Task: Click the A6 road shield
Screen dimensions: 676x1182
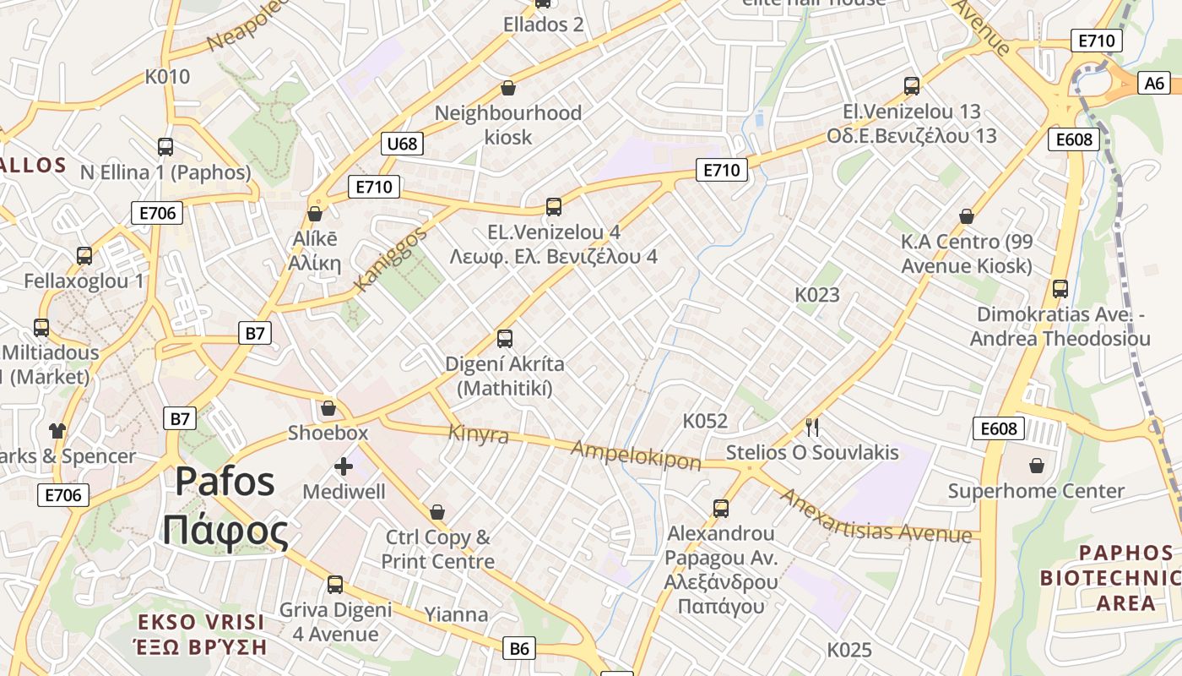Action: pos(1154,83)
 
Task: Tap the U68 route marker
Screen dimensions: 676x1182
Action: pos(402,144)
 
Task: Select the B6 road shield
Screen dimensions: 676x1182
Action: pos(519,648)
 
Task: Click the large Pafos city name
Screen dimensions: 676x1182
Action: pos(225,482)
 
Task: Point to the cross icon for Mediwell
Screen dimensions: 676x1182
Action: pos(344,466)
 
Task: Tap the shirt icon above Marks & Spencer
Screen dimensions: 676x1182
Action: pos(57,430)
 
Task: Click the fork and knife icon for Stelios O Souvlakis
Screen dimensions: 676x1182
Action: pos(812,427)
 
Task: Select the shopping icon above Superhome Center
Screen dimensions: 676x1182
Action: pos(1036,466)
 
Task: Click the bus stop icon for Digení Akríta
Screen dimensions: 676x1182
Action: pos(505,339)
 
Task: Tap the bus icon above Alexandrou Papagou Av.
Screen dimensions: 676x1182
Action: pos(720,508)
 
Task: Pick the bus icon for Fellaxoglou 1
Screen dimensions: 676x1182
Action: pos(84,255)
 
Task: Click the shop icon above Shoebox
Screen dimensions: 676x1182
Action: pos(328,408)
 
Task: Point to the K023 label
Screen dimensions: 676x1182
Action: pos(817,294)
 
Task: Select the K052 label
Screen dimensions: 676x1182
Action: pos(705,421)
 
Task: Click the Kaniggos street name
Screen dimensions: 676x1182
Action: pos(391,259)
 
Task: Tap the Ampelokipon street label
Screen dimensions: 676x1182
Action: pos(636,455)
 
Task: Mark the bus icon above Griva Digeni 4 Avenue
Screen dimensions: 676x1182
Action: pos(335,584)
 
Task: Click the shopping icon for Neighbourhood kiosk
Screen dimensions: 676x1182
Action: pos(508,88)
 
